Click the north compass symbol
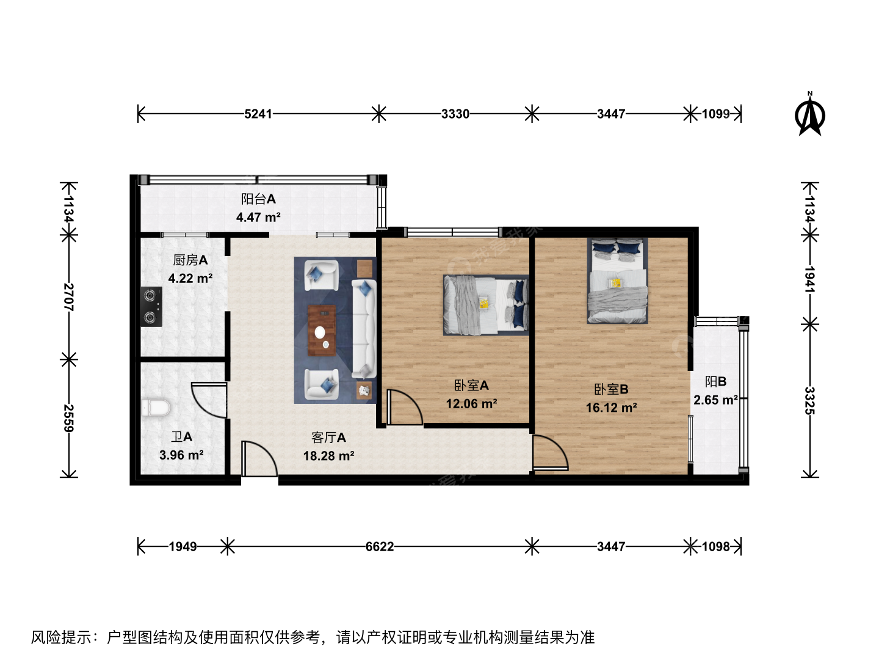(x=810, y=114)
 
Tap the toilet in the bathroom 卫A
(x=156, y=407)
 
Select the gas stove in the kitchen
(x=151, y=307)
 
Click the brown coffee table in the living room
(x=322, y=331)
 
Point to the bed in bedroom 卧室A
(x=486, y=305)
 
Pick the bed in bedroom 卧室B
(x=618, y=280)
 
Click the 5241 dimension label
(x=258, y=114)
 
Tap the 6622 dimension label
(x=380, y=546)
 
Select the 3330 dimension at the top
(x=455, y=114)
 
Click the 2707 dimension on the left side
(x=69, y=298)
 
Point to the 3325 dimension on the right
(x=810, y=401)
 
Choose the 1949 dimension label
(x=183, y=546)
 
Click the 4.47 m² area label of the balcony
(x=258, y=217)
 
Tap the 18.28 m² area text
(x=329, y=456)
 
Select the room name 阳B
(x=715, y=381)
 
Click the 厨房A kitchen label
(x=190, y=260)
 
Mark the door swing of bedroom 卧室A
(x=405, y=407)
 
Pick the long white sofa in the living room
(x=364, y=329)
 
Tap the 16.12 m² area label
(x=612, y=408)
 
